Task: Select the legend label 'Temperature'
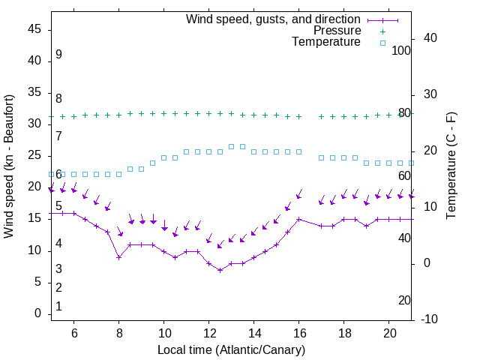coord(326,42)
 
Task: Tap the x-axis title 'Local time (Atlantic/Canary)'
coord(231,349)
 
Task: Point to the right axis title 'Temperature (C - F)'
coord(451,166)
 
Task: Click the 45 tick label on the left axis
coord(34,29)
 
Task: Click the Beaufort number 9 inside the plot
coord(58,55)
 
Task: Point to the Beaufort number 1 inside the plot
coord(58,306)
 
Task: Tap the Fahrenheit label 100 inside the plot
coord(402,50)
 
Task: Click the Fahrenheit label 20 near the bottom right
coord(404,300)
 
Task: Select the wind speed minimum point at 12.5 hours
coord(220,270)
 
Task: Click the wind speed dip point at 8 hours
coord(118,257)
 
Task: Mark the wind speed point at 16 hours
coord(298,220)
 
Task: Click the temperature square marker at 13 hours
coord(231,146)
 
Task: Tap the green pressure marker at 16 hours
coord(298,117)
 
